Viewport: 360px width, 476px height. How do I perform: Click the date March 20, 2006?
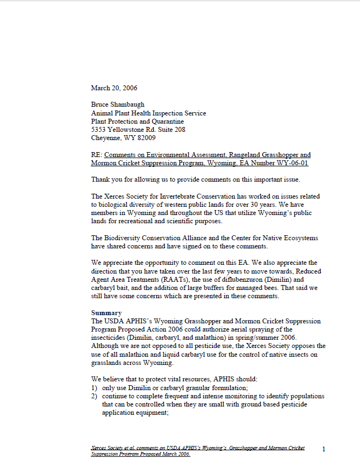click(114, 88)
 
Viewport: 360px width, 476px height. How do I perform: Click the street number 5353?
click(100, 130)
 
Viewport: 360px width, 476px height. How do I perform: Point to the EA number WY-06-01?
click(291, 163)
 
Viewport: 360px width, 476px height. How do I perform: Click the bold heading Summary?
click(106, 312)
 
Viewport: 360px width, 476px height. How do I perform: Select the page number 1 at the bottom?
click(324, 449)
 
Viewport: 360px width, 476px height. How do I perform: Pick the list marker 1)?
click(94, 387)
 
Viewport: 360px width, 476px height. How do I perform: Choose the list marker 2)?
click(94, 396)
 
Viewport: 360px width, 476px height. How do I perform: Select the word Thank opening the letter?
click(101, 179)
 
